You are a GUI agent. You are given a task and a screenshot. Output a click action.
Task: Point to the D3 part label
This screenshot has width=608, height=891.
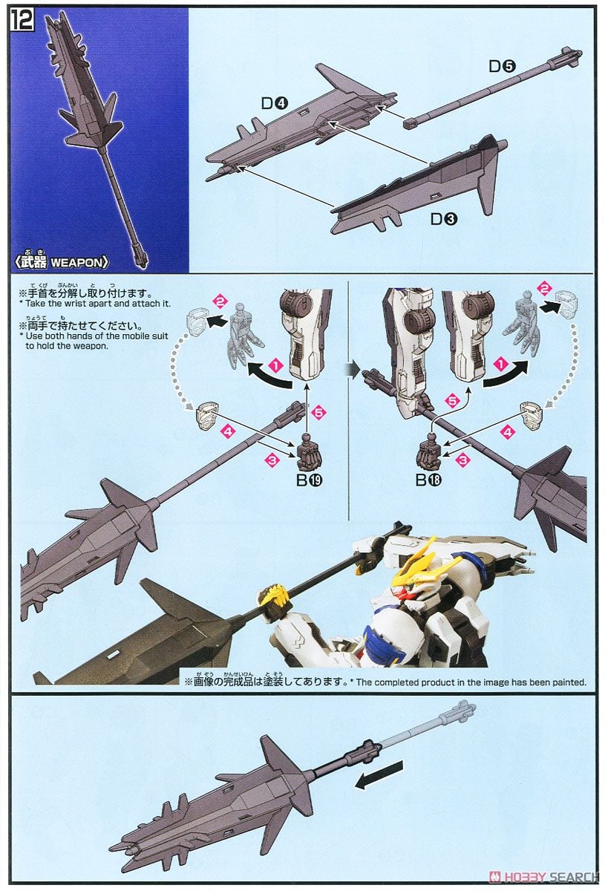coord(442,219)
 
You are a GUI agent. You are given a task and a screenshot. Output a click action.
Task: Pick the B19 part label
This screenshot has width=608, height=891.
coord(309,480)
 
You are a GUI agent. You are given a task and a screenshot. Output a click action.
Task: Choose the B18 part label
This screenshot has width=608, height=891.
coord(428,480)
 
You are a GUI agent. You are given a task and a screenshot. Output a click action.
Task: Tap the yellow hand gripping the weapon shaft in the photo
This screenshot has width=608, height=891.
coord(271,595)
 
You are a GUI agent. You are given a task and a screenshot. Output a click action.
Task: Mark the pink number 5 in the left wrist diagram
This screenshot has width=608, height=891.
coord(319,411)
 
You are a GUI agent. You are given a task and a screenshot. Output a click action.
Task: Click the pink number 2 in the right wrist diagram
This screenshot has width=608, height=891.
coord(545,289)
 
